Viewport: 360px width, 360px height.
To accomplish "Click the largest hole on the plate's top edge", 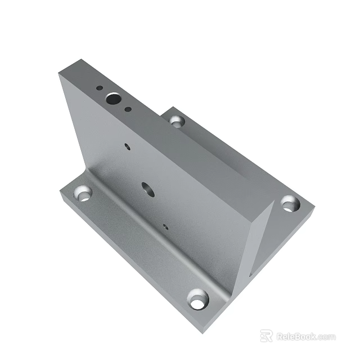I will pyautogui.click(x=113, y=99).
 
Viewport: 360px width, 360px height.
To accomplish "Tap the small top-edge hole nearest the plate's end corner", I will pyautogui.click(x=98, y=88).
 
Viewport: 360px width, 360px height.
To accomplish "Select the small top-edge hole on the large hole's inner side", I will pyautogui.click(x=128, y=109).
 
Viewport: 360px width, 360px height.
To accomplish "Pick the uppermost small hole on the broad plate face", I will pyautogui.click(x=127, y=146).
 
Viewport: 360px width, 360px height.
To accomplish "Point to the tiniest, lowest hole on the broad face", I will pyautogui.click(x=165, y=227).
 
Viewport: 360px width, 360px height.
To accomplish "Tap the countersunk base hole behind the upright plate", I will pyautogui.click(x=177, y=121).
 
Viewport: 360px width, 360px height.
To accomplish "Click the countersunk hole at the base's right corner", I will pyautogui.click(x=289, y=203).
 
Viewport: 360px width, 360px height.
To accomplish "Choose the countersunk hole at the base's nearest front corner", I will pyautogui.click(x=197, y=301).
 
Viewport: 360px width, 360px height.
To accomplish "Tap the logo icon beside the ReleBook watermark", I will pyautogui.click(x=266, y=336).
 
